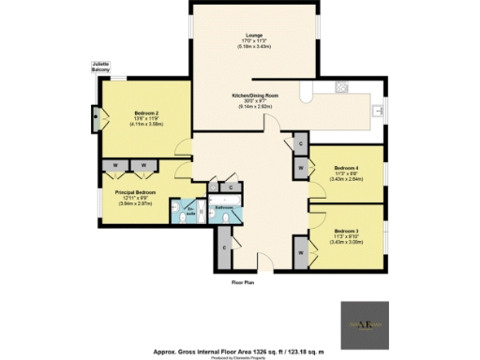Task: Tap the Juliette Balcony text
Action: click(x=101, y=68)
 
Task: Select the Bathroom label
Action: click(x=223, y=207)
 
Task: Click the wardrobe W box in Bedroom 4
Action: click(x=300, y=169)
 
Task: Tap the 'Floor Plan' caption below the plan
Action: click(x=245, y=281)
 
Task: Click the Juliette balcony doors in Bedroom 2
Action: click(x=96, y=119)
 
